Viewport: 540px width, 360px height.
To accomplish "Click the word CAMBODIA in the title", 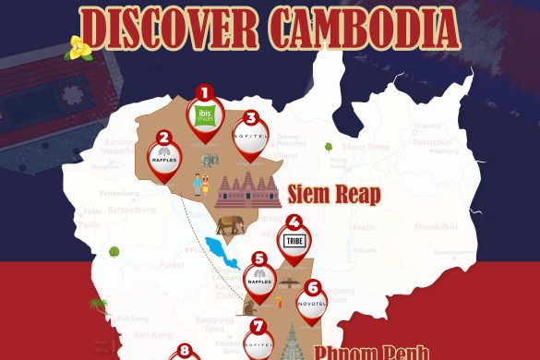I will tap(365, 28).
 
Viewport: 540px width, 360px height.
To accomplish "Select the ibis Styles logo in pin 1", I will tap(205, 115).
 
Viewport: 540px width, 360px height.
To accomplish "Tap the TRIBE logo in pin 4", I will tap(294, 241).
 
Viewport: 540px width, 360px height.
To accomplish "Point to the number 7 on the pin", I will tap(258, 326).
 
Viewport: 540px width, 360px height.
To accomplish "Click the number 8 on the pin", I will tap(184, 351).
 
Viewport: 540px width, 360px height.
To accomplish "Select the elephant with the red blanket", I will tap(233, 224).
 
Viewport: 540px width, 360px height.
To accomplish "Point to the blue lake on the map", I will tap(222, 251).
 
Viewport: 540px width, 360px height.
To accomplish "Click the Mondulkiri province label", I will tap(436, 225).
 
